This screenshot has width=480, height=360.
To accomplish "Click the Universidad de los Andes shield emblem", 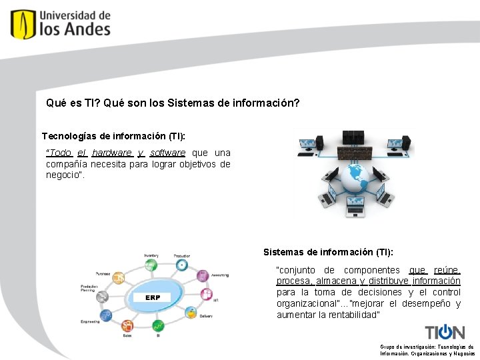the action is click(23, 24).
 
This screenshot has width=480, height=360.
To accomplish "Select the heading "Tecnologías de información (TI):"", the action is click(113, 136).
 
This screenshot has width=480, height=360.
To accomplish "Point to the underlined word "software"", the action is click(167, 153).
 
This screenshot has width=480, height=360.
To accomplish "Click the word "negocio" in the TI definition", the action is click(64, 175).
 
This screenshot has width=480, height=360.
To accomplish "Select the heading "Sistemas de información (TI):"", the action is click(328, 252).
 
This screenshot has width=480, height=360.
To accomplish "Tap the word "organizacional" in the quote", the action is click(307, 303).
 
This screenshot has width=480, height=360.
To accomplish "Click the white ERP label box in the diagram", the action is click(153, 297).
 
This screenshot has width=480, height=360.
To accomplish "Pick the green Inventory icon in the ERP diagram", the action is click(151, 265).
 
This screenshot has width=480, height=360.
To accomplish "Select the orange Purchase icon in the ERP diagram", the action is click(119, 279).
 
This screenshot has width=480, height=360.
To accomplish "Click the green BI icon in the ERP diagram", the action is click(157, 326).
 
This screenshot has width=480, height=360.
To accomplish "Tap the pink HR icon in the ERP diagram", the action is click(207, 294).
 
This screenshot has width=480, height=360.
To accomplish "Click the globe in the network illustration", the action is click(353, 177).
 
